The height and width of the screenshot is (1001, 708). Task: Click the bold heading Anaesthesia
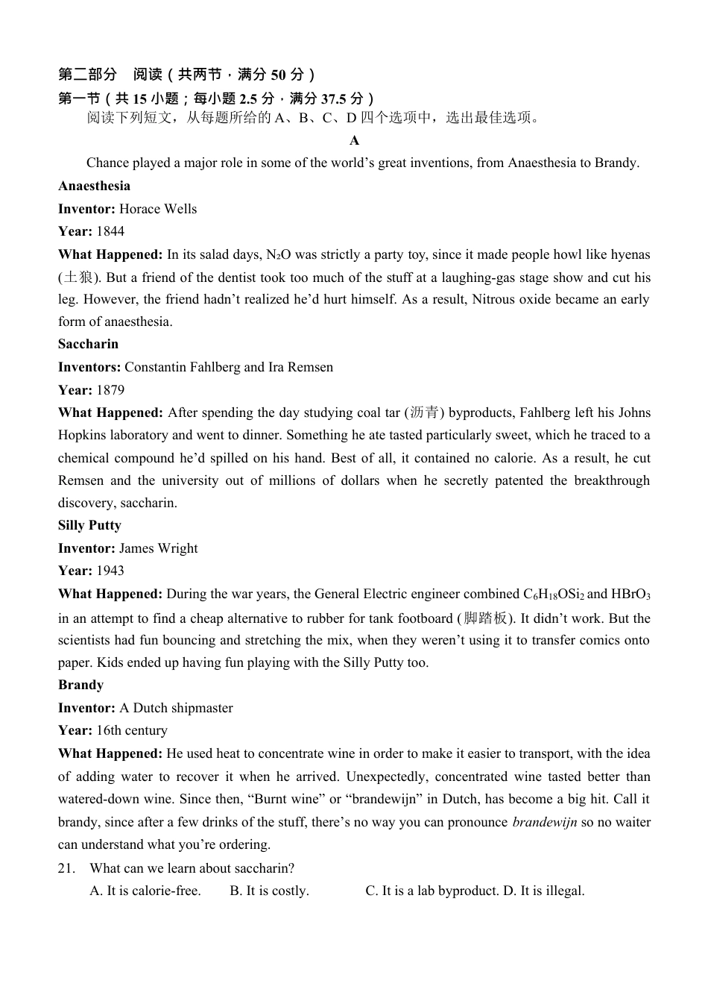tap(94, 186)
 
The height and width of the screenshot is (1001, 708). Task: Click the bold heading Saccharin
tap(88, 344)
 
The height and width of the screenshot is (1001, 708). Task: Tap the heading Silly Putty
tap(89, 525)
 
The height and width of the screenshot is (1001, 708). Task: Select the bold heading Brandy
tap(80, 685)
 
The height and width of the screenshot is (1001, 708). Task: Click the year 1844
tap(110, 231)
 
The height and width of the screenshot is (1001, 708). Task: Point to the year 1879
tap(110, 390)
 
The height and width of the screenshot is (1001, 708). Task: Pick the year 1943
tap(110, 571)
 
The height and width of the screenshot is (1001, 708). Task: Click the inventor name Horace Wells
tap(158, 209)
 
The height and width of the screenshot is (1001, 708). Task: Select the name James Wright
tap(158, 548)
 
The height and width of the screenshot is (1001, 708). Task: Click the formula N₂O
tap(278, 254)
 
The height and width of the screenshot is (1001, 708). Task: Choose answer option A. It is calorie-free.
tap(145, 891)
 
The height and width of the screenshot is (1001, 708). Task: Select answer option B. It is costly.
tap(269, 891)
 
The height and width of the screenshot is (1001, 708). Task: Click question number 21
tap(67, 868)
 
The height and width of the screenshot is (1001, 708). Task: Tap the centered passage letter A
tap(354, 140)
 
